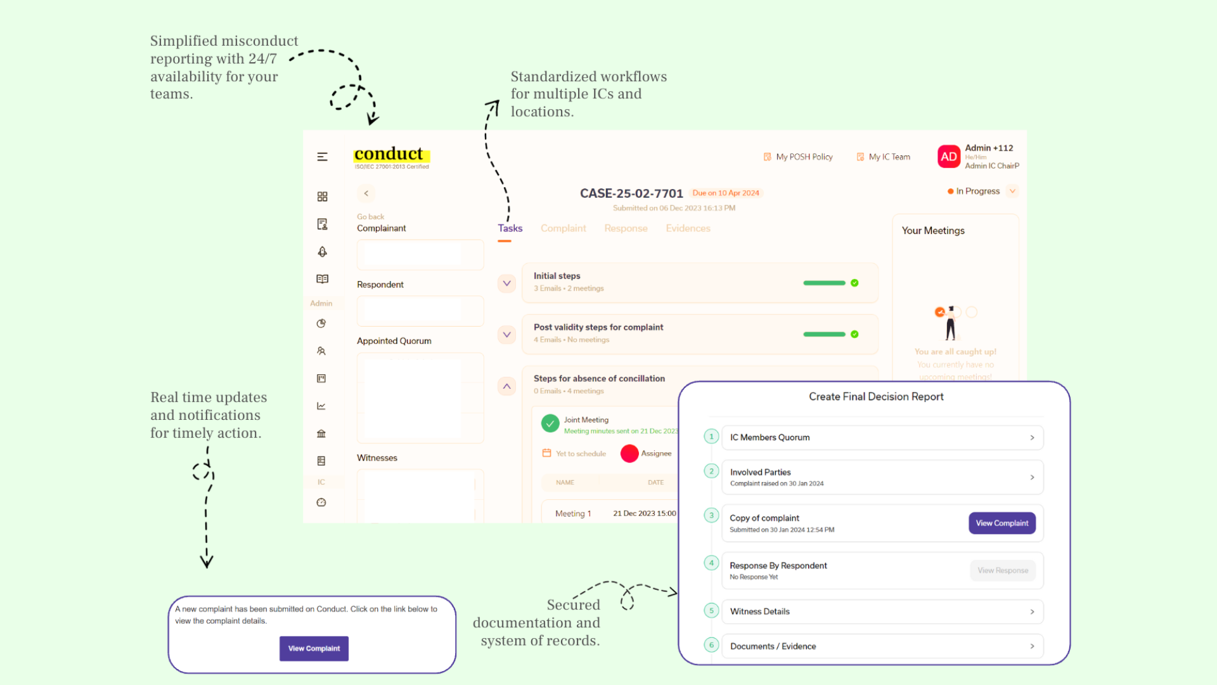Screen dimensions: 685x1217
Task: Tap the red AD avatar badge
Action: pos(948,157)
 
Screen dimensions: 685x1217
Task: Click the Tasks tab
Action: pos(510,228)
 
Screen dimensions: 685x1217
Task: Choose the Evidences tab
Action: pos(688,228)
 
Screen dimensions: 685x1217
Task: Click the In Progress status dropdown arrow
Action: pos(1012,191)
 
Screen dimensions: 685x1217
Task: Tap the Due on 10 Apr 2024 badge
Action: pos(725,193)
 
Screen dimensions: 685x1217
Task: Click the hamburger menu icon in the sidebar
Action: pos(322,157)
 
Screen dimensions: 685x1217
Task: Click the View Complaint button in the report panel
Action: pos(1001,523)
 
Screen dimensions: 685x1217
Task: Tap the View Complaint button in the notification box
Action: pos(314,648)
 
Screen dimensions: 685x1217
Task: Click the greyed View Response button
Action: pos(1002,570)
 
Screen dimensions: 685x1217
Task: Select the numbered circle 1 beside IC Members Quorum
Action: pos(711,436)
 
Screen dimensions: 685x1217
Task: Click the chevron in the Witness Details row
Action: pos(1032,611)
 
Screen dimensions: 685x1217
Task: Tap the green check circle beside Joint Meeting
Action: pos(550,423)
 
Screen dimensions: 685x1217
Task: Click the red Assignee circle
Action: pos(629,453)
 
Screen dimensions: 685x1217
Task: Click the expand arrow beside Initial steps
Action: pos(506,283)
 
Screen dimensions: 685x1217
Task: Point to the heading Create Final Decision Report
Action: pos(876,396)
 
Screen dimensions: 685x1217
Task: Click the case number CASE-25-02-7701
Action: pos(631,193)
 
